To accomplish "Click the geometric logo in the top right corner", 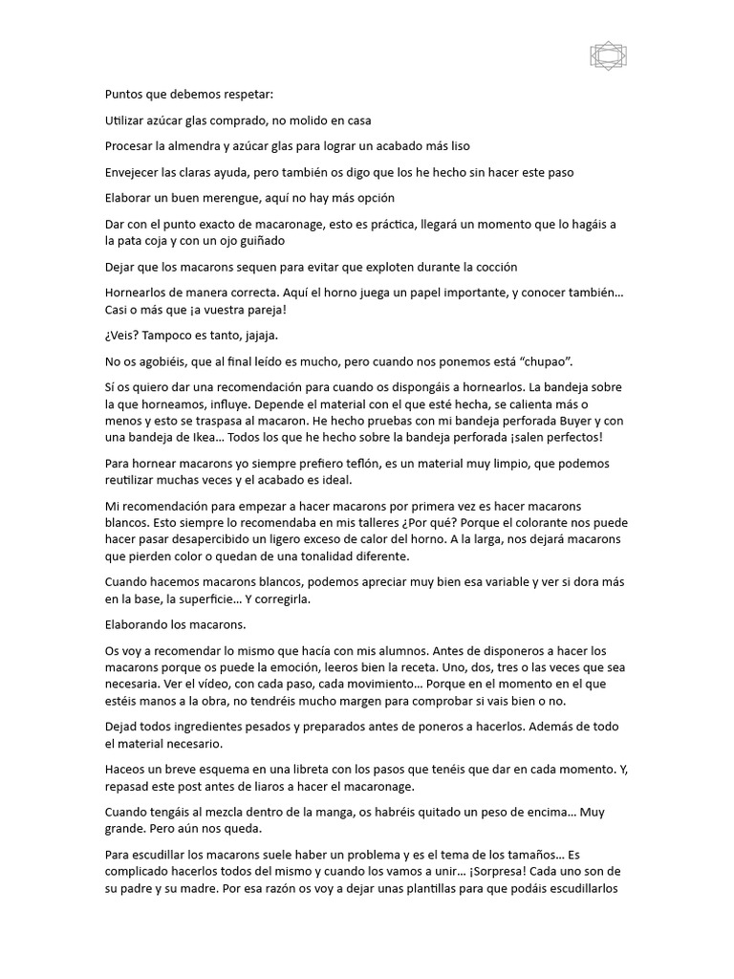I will pyautogui.click(x=608, y=57).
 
